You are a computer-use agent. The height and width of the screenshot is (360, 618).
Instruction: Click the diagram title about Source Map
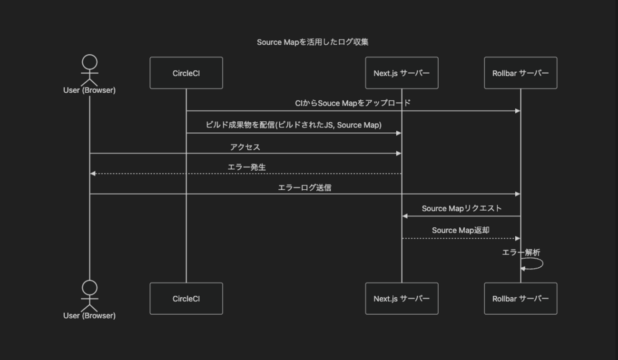point(313,42)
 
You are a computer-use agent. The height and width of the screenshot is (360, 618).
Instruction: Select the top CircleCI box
point(186,73)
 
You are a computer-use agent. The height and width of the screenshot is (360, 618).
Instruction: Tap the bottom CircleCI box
point(186,298)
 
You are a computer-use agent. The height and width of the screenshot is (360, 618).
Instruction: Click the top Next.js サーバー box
point(402,73)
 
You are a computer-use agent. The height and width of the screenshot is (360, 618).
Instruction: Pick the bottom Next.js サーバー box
point(402,298)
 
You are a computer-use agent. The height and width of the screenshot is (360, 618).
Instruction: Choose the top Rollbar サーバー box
point(520,73)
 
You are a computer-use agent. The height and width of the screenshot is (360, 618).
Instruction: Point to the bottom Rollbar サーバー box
point(520,298)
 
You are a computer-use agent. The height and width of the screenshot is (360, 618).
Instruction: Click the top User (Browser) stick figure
point(89,69)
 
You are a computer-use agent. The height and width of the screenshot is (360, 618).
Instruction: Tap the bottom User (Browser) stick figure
point(89,295)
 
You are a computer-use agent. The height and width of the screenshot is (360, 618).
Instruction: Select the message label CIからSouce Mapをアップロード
point(353,103)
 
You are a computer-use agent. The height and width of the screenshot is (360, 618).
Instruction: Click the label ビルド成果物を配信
point(294,125)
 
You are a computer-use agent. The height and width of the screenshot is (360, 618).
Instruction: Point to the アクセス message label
point(245,147)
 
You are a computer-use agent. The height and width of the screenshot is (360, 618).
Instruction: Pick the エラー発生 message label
point(246,167)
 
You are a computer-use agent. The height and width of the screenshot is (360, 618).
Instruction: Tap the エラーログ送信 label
point(304,188)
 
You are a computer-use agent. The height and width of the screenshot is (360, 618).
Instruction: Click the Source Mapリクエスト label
point(461,208)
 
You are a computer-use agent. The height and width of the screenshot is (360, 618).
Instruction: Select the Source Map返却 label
point(461,230)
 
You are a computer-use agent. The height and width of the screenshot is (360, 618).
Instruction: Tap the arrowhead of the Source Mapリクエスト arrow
point(405,216)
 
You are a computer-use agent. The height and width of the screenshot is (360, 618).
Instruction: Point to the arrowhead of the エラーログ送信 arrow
point(518,194)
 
